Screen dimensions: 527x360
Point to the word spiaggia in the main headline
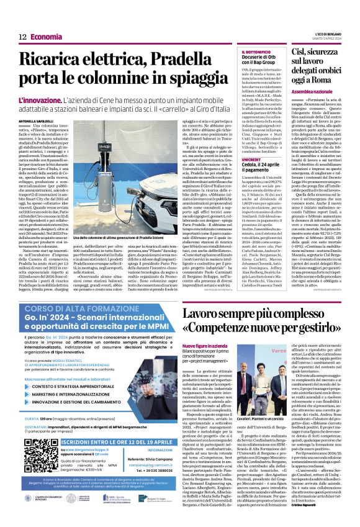(x=190, y=80)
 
